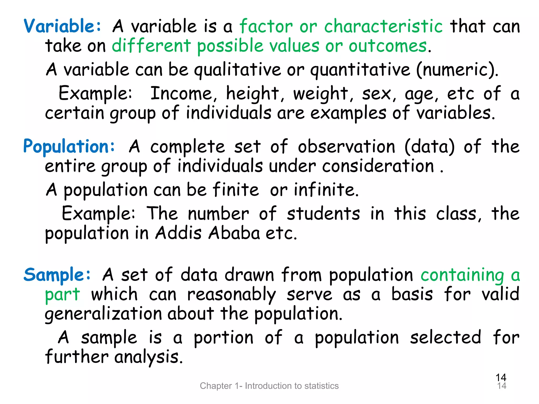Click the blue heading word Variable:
click(x=62, y=26)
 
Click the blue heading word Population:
click(x=69, y=147)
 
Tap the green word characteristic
click(x=383, y=26)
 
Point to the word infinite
click(x=326, y=190)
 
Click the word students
click(x=323, y=214)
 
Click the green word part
click(x=62, y=295)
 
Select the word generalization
click(x=103, y=314)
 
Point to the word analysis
click(x=148, y=357)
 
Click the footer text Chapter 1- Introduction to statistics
click(x=269, y=386)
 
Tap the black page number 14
click(x=501, y=378)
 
